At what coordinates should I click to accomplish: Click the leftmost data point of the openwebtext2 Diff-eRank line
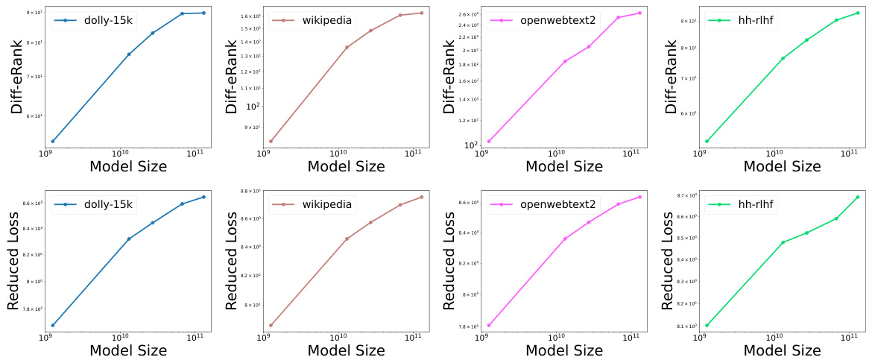click(x=489, y=141)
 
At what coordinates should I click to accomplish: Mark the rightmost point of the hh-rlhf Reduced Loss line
click(x=857, y=197)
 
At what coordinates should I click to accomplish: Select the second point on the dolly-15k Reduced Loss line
click(x=129, y=239)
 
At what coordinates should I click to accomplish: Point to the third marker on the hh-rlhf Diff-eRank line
click(x=806, y=40)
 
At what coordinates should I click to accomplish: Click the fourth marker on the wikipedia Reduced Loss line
click(x=400, y=204)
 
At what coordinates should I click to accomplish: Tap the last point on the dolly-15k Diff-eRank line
click(x=203, y=13)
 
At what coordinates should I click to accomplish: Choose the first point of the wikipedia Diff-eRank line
click(x=271, y=141)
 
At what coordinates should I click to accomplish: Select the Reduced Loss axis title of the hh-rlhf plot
click(x=669, y=260)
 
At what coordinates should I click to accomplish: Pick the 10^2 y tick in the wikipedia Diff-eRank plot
click(x=253, y=107)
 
